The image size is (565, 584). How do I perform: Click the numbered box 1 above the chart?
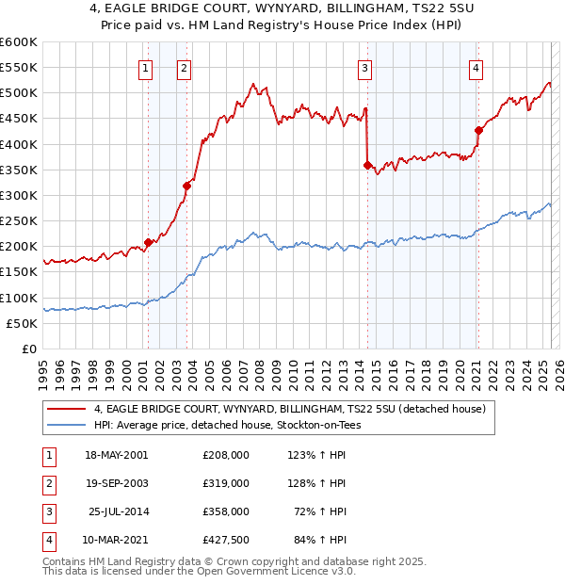coord(146,68)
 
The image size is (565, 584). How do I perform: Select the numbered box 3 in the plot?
coord(363,68)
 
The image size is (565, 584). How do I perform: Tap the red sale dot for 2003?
coord(186,186)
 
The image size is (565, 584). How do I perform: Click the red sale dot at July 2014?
coord(367,165)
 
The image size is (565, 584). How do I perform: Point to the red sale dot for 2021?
coord(478,130)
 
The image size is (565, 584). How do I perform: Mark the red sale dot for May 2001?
coord(148,242)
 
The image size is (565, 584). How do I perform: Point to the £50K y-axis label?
coord(22,323)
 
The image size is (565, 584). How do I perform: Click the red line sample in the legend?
coord(66,410)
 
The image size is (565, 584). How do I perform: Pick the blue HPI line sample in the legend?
coord(66,425)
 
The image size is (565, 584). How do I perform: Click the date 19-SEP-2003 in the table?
coord(117,483)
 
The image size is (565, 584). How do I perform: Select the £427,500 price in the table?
coord(225,540)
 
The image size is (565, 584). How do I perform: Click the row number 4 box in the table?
coord(47,540)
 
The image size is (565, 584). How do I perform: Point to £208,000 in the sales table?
coord(225,455)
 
